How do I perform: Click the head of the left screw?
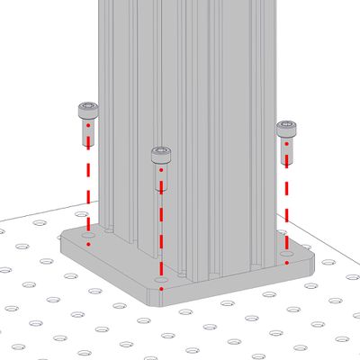[87, 112]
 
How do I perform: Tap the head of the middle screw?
[160, 155]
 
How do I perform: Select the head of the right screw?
[286, 128]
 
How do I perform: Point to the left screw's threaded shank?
[87, 133]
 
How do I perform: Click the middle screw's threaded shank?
[160, 178]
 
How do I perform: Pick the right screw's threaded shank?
[286, 149]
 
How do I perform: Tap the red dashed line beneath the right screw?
[286, 207]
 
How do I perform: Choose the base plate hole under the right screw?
[285, 256]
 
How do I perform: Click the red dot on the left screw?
[87, 126]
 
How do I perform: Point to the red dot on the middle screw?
[160, 169]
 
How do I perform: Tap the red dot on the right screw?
[286, 141]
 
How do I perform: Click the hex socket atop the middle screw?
[160, 149]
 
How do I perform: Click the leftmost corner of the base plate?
[61, 239]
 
